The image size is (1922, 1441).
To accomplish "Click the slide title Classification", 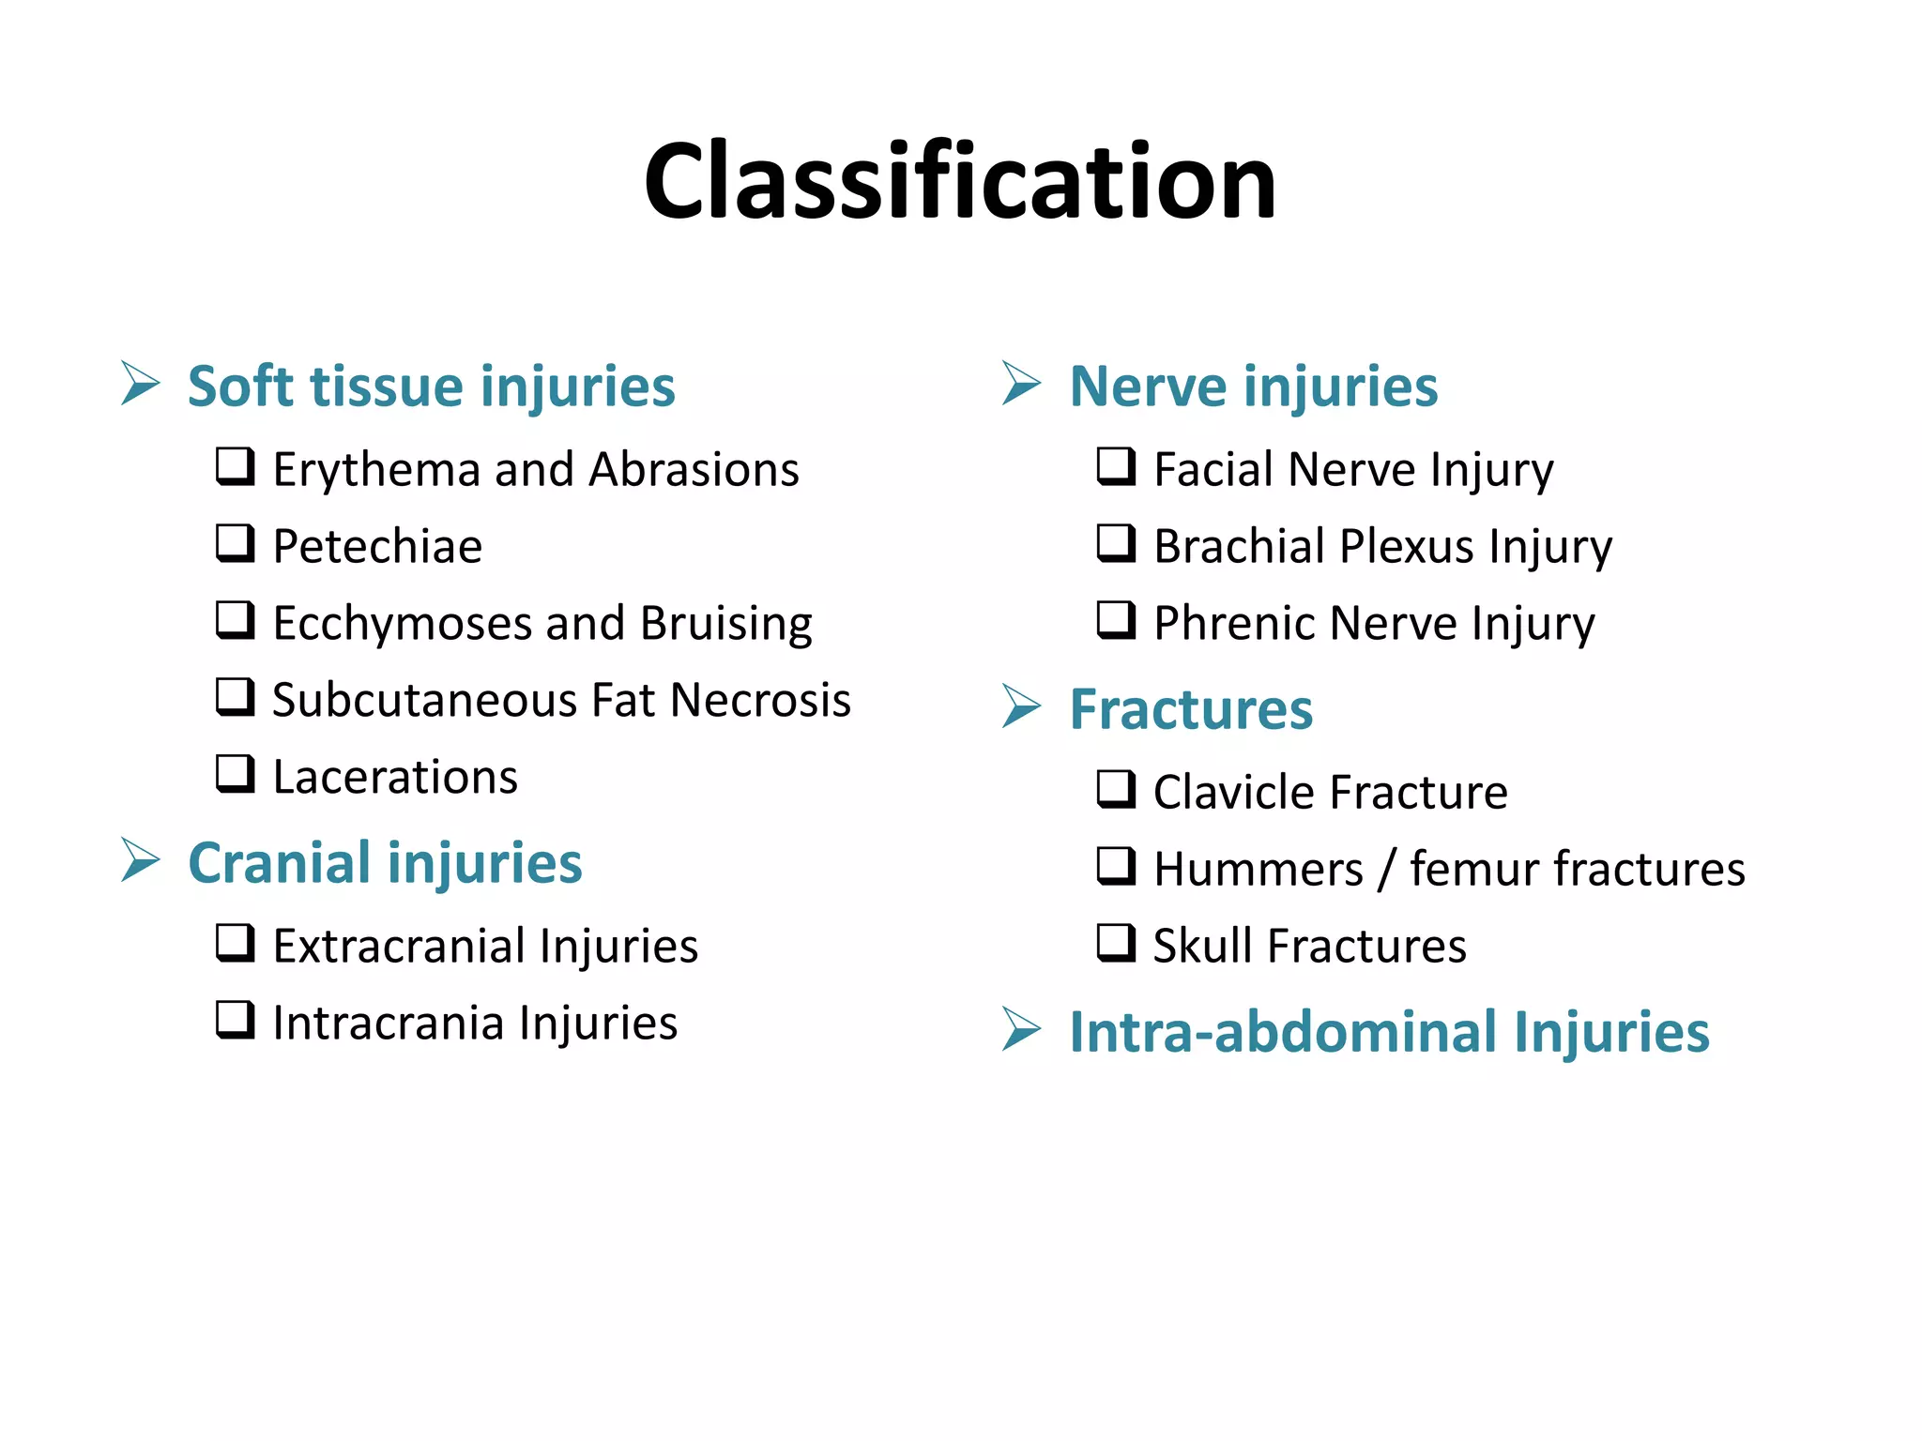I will pyautogui.click(x=959, y=180).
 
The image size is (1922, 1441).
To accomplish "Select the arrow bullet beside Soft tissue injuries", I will pyautogui.click(x=141, y=384).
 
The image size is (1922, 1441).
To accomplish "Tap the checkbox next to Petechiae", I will pyautogui.click(x=235, y=543).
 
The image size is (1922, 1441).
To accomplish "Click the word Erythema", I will pyautogui.click(x=375, y=469).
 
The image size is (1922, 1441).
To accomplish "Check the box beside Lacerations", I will pyautogui.click(x=235, y=774).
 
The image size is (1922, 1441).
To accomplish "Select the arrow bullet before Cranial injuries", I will pyautogui.click(x=141, y=860).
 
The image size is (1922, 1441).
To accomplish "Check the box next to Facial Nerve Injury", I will pyautogui.click(x=1116, y=466).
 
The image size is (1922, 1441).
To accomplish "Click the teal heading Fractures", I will pyautogui.click(x=1191, y=709).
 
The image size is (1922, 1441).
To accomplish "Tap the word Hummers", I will pyautogui.click(x=1258, y=869).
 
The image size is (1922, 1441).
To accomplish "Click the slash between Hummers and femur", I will pyautogui.click(x=1386, y=870).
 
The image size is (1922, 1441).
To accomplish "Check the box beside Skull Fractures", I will pyautogui.click(x=1116, y=943).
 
